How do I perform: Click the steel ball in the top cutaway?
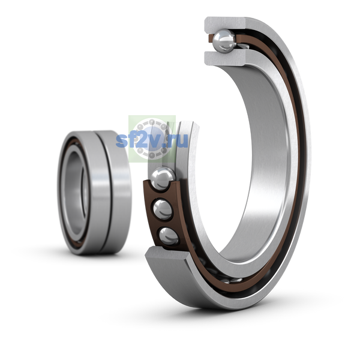pos(224,41)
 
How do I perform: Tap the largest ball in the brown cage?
pos(163,179)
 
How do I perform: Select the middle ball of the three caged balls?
pos(163,209)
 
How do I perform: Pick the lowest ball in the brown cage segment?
pos(169,236)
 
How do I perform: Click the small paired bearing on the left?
pos(94,193)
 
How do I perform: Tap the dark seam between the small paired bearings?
pos(104,193)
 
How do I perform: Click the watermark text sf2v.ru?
pos(152,140)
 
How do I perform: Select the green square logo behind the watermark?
pos(152,139)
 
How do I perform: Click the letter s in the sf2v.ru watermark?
pos(122,141)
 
